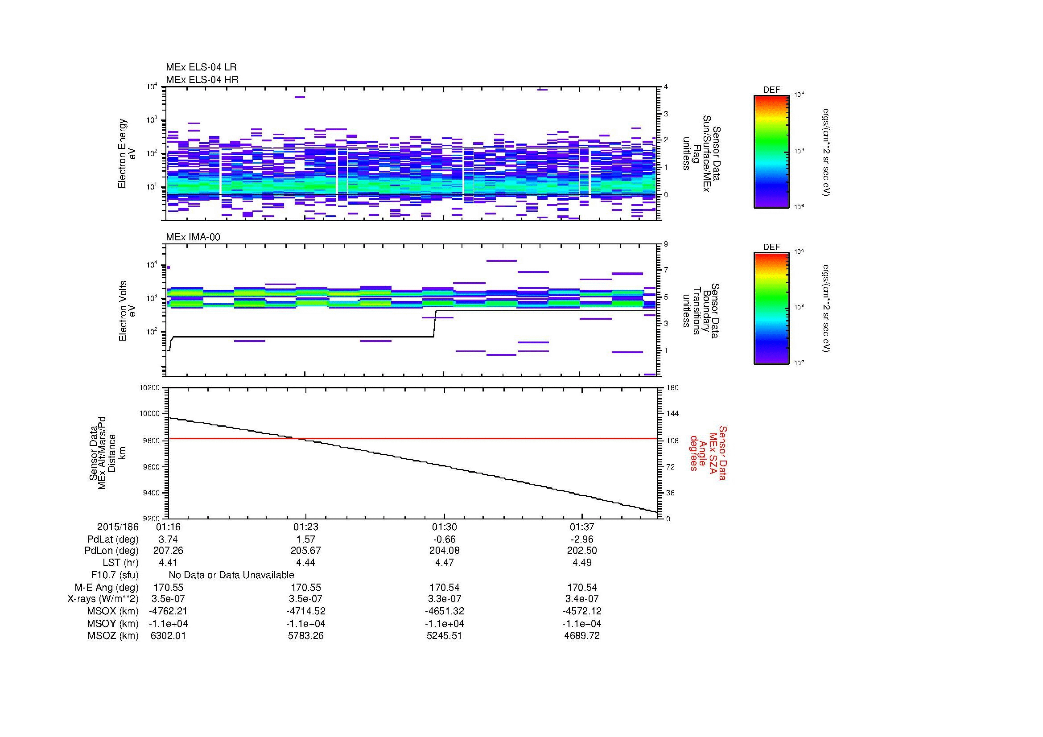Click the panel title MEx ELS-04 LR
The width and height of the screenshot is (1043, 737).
[201, 67]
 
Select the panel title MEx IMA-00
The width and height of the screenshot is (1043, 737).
[193, 237]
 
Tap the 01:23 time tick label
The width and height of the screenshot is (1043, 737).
[306, 527]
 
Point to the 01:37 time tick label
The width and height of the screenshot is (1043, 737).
[582, 527]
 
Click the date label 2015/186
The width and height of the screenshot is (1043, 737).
[118, 527]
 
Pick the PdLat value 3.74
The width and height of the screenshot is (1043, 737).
[168, 539]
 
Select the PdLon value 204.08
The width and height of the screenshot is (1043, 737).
[444, 551]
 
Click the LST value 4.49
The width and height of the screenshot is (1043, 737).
[582, 563]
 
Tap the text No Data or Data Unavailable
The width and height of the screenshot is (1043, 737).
[231, 575]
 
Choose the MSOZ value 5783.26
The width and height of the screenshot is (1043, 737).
[306, 636]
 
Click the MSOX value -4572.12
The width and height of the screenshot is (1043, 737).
[582, 611]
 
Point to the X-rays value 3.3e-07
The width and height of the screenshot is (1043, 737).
[444, 599]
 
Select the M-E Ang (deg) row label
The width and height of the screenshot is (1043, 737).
[106, 587]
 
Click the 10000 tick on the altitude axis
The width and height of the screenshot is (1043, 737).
[150, 414]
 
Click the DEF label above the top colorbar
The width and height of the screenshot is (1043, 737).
[771, 90]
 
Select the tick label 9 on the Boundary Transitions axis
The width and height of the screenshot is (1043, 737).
[666, 244]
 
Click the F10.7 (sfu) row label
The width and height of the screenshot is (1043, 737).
[115, 575]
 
